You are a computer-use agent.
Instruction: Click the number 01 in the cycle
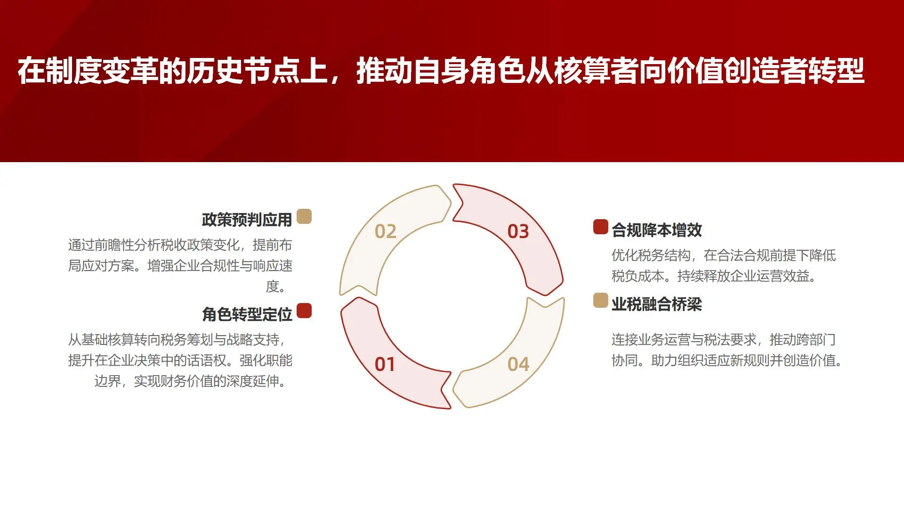point(385,364)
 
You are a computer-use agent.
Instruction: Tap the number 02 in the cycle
point(385,231)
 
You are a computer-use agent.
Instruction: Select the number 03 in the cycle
point(518,231)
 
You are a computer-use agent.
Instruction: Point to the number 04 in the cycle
point(518,364)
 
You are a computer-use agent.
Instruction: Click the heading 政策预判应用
point(247,220)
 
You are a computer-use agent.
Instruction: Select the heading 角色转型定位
point(247,314)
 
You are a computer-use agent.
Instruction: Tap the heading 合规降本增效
point(656,230)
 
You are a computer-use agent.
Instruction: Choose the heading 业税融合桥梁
point(656,304)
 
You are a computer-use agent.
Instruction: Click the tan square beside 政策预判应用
point(304,216)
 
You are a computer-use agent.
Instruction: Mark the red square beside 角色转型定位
point(304,311)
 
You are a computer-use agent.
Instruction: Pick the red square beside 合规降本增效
point(600,227)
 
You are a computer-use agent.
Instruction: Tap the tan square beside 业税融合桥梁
point(600,300)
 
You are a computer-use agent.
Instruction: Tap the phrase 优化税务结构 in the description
point(651,255)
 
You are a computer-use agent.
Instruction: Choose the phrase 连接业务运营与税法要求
point(684,340)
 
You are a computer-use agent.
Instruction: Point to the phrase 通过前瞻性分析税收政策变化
point(153,245)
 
